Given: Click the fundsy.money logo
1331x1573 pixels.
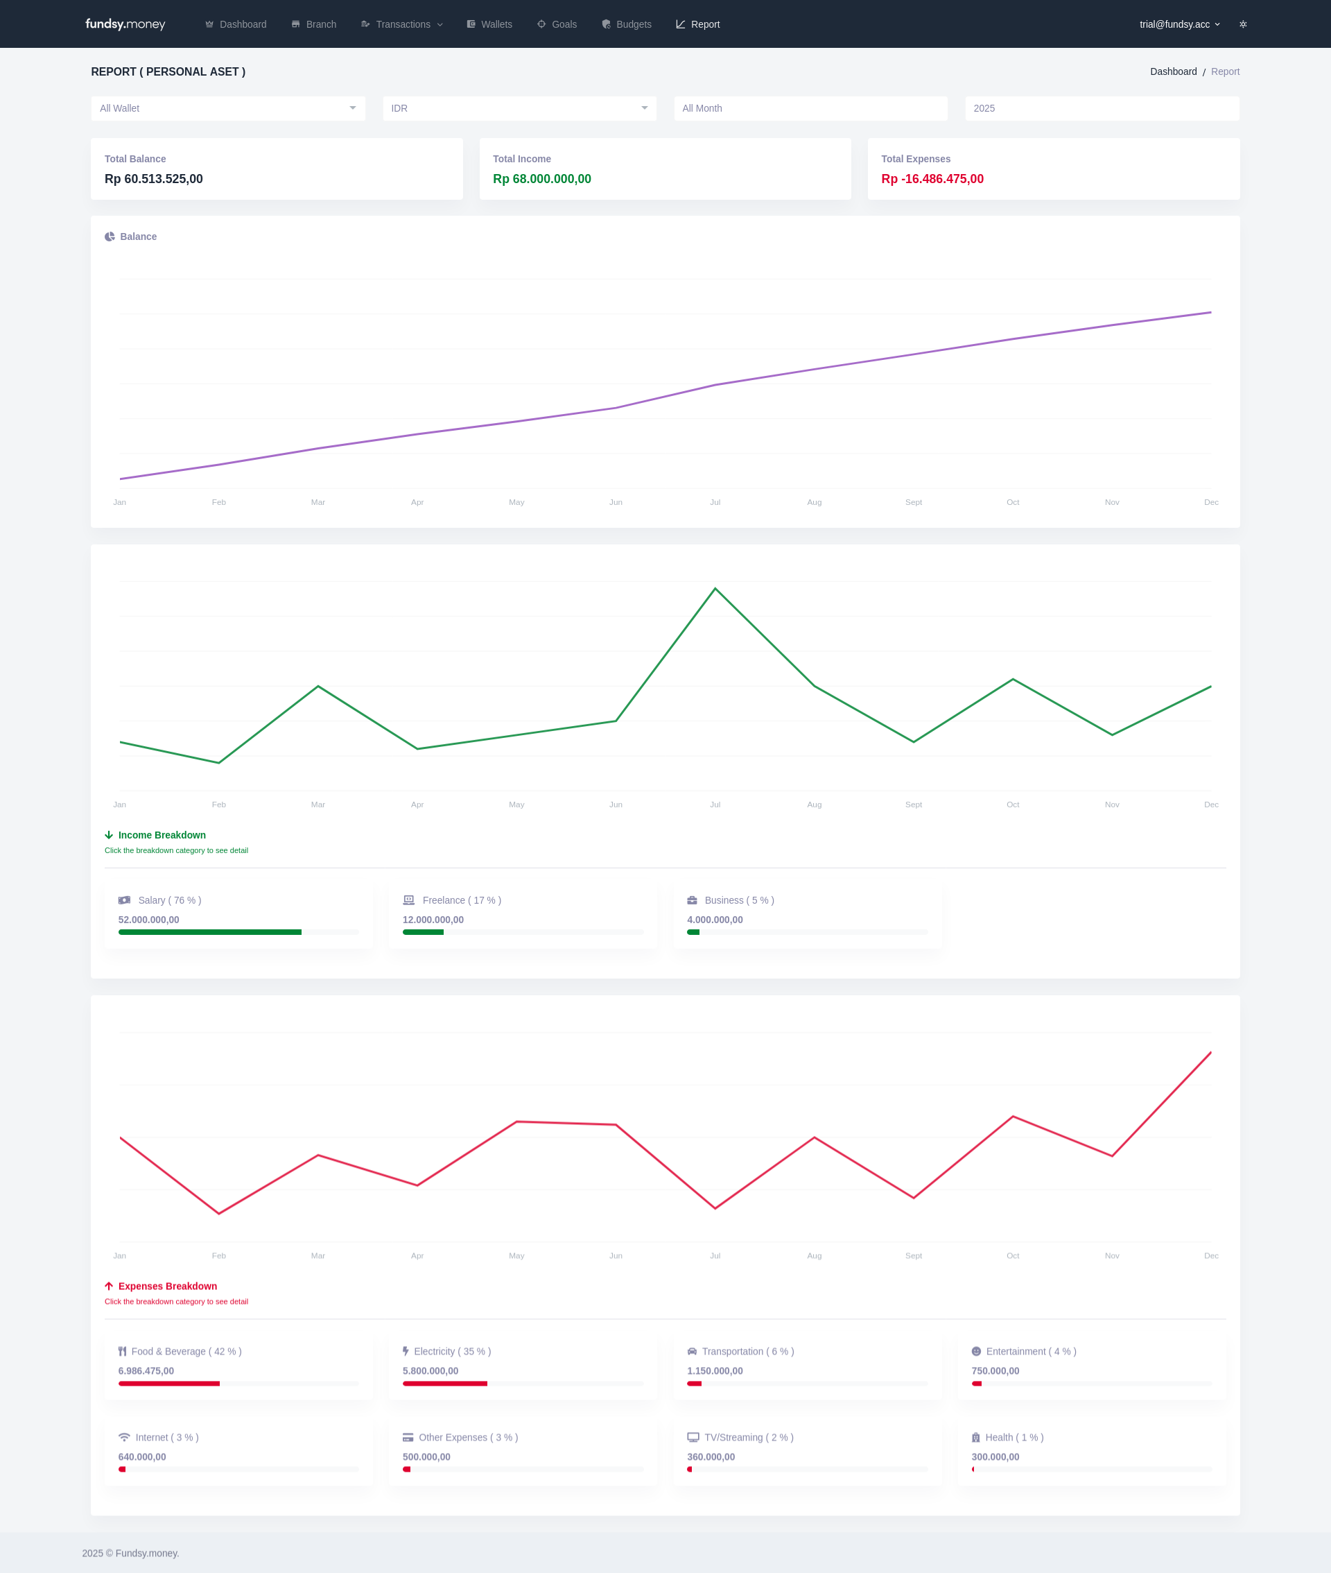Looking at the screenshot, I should [x=125, y=24].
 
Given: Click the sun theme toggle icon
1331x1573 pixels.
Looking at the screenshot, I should [x=1243, y=24].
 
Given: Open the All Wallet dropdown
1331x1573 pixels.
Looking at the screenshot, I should [x=228, y=108].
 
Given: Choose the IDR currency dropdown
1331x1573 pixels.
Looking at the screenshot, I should [x=519, y=108].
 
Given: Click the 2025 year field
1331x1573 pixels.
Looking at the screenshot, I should [x=1102, y=108].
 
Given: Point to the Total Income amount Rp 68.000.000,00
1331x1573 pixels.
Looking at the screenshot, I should [x=541, y=179].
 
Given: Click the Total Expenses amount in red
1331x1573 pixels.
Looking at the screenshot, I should [x=932, y=179].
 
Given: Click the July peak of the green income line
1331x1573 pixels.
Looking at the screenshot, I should [x=715, y=589].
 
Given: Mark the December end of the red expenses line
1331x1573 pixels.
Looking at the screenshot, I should [x=1210, y=1052].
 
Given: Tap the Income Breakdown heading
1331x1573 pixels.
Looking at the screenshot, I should [x=162, y=835].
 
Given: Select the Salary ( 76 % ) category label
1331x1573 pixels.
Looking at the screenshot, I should [x=169, y=900].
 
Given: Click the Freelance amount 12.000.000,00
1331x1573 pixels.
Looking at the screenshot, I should [x=433, y=920].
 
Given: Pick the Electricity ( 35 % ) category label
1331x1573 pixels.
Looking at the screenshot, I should [x=452, y=1351].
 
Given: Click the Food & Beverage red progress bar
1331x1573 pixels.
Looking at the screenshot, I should [x=169, y=1384].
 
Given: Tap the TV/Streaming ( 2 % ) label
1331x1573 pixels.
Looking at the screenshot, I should [x=749, y=1437].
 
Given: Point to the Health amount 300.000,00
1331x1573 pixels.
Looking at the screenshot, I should [x=995, y=1456].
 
